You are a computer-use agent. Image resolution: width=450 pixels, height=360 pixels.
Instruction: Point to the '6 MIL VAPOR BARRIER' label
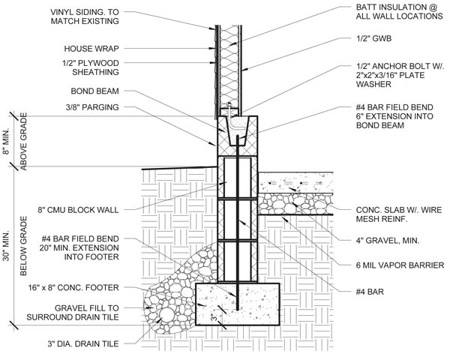click(x=400, y=265)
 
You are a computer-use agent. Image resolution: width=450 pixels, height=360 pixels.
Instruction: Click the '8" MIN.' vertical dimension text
click(x=7, y=140)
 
